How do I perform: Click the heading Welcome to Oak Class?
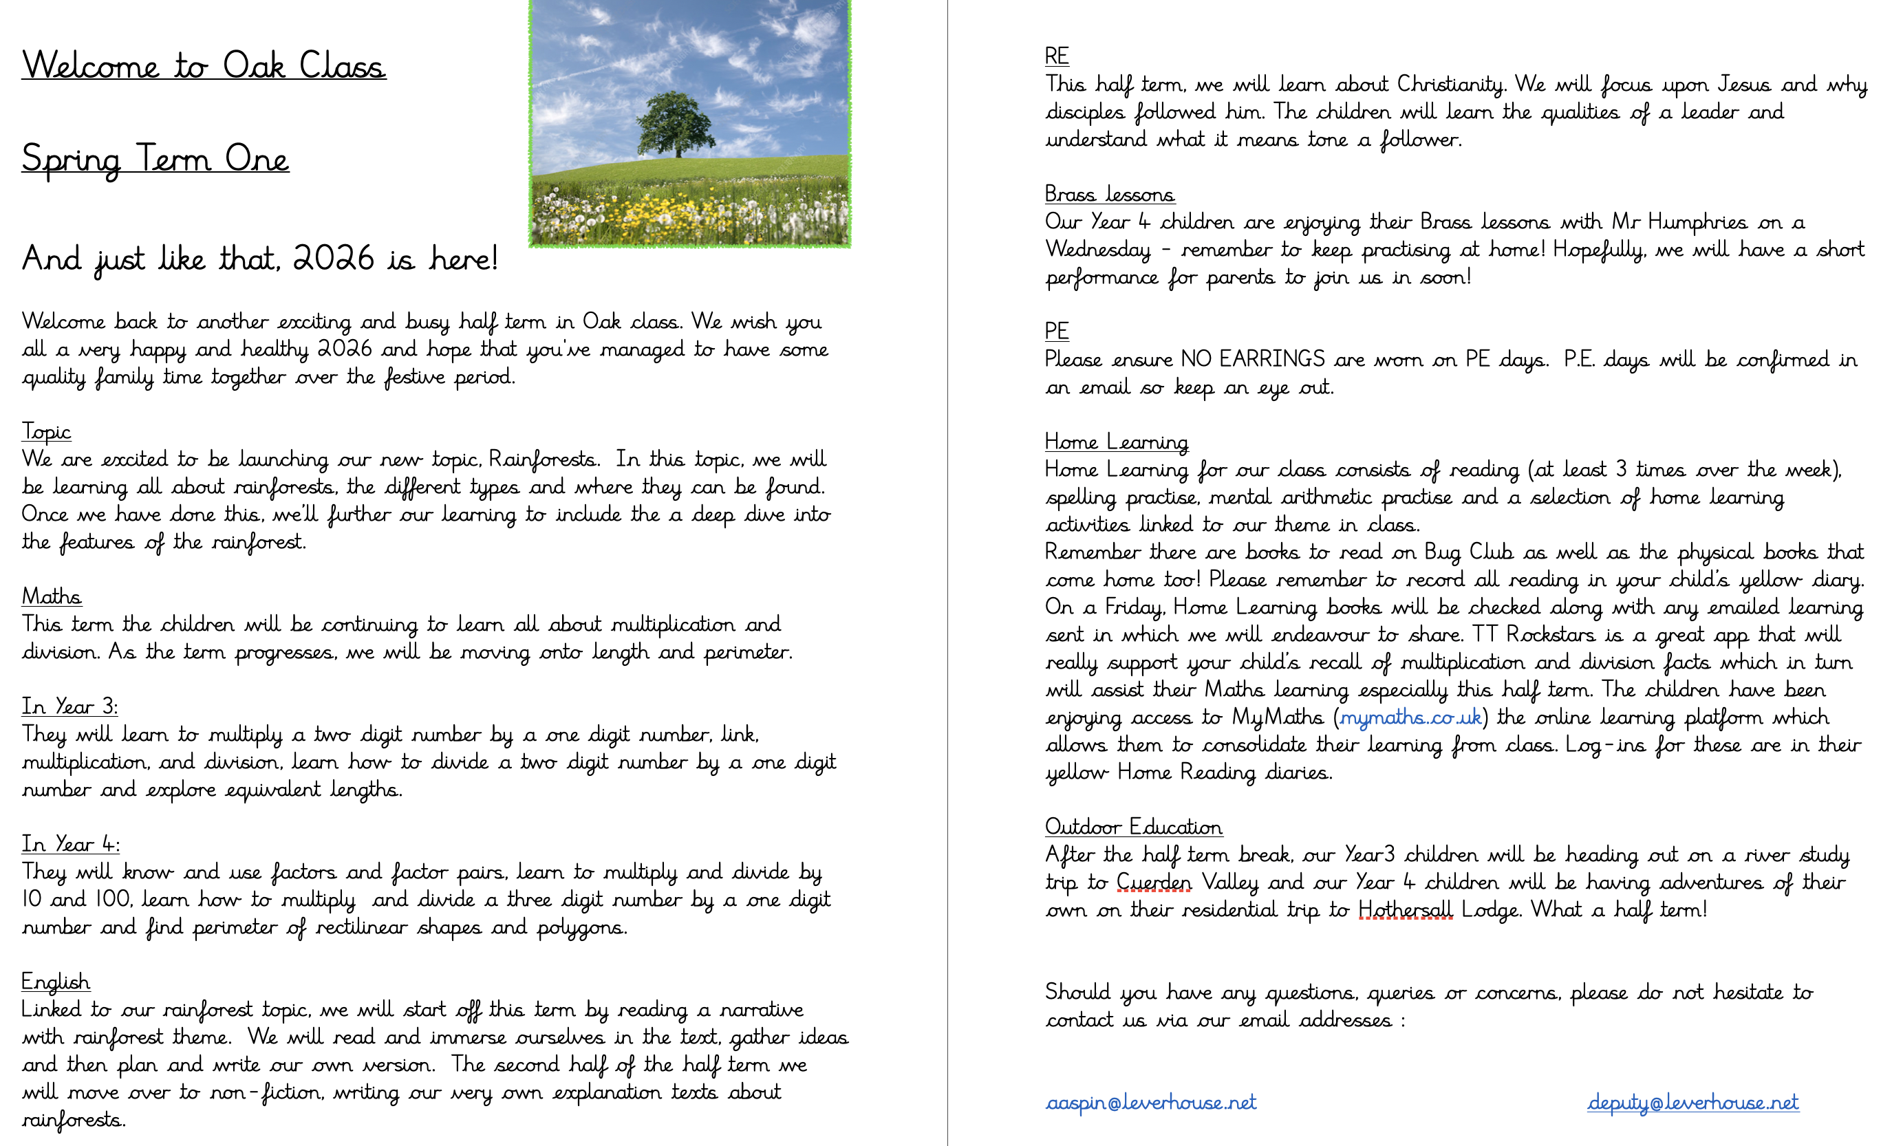click(204, 65)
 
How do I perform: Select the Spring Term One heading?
click(155, 159)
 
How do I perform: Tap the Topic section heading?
click(46, 432)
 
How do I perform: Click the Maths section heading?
click(51, 596)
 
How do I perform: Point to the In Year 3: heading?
click(69, 707)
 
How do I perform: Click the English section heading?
click(56, 982)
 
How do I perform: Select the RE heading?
click(1057, 56)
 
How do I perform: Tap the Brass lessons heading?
click(1109, 195)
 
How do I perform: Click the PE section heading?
click(1057, 332)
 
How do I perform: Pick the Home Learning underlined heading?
click(1116, 442)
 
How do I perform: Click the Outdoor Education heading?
click(1133, 827)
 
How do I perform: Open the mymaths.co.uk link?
click(1410, 717)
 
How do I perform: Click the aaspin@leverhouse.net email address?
click(1150, 1103)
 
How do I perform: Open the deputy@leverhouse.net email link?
click(1692, 1103)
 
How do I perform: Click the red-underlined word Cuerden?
click(1154, 883)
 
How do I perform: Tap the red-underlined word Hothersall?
click(1406, 910)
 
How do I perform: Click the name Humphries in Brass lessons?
click(1697, 222)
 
